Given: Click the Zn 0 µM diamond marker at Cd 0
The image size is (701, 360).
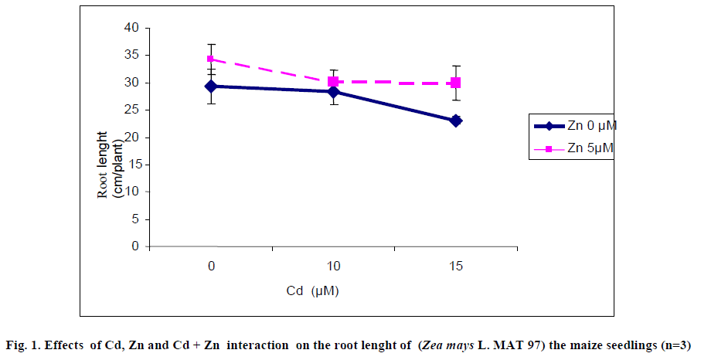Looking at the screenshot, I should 211,87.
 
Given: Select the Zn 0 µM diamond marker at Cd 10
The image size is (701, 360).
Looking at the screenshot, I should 334,92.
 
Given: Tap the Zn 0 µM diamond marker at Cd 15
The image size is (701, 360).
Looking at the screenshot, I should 456,121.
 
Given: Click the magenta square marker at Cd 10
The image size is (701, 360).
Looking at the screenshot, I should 334,81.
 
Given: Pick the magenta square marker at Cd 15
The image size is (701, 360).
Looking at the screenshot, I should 456,83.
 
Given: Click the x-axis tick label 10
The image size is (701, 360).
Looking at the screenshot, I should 334,267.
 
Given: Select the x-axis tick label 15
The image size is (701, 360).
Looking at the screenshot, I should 456,267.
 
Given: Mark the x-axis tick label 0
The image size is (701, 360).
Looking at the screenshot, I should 211,267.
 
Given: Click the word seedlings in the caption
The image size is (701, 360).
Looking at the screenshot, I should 630,345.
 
